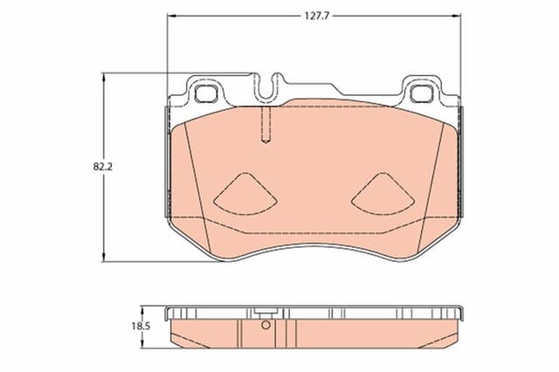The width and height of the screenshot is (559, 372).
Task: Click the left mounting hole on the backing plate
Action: coord(208,90)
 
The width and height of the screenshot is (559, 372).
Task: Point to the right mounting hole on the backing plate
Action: coord(422,90)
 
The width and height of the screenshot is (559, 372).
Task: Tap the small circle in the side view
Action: coord(267,327)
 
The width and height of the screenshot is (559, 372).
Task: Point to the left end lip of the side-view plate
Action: coord(169,310)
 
